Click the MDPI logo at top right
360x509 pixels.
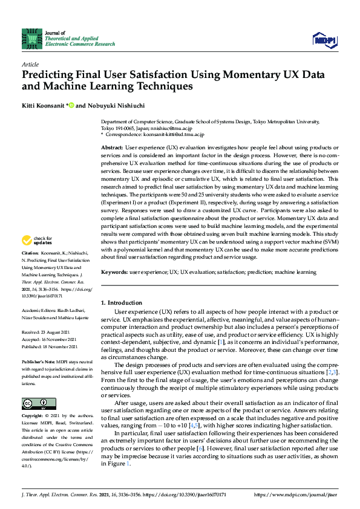324,39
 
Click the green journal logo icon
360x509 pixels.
29,38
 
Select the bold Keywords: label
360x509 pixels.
116,273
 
